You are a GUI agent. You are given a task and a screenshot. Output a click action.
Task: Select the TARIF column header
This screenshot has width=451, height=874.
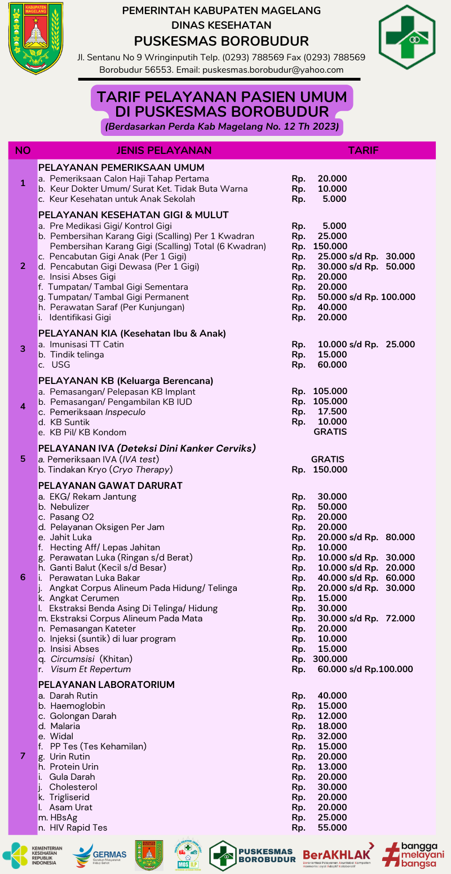[363, 150]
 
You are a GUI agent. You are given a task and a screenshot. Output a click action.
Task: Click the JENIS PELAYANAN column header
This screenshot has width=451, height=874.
[164, 150]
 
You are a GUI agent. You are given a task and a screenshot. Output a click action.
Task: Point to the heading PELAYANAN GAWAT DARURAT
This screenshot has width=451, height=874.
[110, 485]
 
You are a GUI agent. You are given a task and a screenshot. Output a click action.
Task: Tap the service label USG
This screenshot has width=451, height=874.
[60, 365]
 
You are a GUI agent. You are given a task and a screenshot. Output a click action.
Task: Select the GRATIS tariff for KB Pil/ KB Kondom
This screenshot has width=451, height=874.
[330, 432]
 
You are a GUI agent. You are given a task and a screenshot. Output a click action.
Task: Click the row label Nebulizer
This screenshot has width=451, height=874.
[69, 507]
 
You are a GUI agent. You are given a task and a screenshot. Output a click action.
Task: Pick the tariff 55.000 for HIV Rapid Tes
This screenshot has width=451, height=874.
[332, 828]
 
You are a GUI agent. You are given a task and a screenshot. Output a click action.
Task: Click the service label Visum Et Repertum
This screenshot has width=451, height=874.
[90, 669]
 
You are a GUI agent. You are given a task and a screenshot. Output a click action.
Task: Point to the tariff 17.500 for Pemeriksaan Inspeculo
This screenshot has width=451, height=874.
[332, 412]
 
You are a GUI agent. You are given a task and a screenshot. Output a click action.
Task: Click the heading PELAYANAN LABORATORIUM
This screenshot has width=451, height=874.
[107, 685]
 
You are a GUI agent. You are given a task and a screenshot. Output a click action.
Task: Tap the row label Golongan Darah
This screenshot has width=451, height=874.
[83, 716]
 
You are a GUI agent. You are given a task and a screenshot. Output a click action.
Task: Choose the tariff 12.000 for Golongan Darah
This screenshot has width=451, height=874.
[332, 716]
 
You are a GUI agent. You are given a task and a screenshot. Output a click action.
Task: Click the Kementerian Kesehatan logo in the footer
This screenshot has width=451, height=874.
[33, 855]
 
